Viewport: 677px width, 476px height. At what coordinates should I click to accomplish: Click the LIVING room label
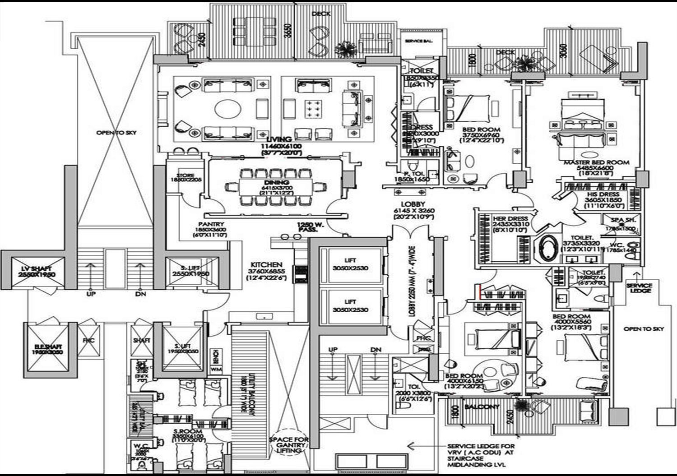(x=278, y=140)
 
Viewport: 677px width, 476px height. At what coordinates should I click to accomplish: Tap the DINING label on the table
(x=277, y=182)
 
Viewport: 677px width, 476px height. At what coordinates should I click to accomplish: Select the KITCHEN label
(x=266, y=265)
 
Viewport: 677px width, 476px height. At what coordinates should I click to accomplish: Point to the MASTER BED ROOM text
(x=596, y=162)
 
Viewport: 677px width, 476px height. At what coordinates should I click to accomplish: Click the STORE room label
(x=185, y=176)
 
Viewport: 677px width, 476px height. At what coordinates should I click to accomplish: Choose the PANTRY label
(x=211, y=224)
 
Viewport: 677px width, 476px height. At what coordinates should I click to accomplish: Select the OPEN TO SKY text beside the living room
(x=116, y=133)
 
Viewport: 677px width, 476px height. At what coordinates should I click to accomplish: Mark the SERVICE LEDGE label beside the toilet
(x=639, y=288)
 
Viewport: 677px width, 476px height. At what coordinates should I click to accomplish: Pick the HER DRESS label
(x=510, y=218)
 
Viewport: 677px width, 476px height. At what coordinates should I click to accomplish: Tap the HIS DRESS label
(x=603, y=194)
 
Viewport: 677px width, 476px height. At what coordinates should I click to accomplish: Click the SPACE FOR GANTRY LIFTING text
(x=289, y=444)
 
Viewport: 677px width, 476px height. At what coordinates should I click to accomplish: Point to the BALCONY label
(x=482, y=407)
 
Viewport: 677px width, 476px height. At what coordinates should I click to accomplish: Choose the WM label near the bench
(x=216, y=369)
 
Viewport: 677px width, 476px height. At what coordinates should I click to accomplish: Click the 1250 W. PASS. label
(x=307, y=227)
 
